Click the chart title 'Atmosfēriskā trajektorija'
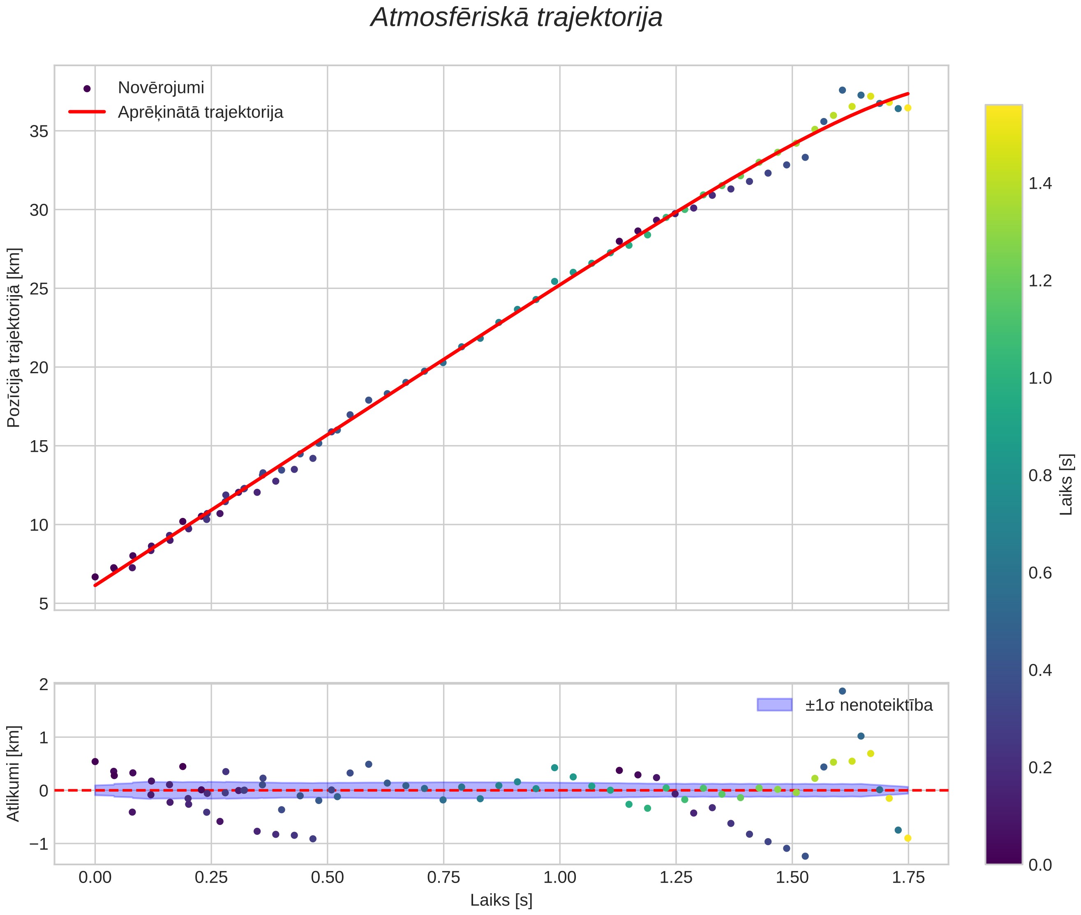(x=517, y=18)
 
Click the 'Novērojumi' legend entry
(x=161, y=88)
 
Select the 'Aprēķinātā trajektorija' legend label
(x=200, y=113)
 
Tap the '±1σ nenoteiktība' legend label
(x=869, y=705)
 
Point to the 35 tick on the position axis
(x=39, y=131)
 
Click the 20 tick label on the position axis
(x=39, y=367)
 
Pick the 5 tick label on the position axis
(x=44, y=604)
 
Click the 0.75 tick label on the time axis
(x=443, y=878)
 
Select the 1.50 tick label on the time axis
(x=792, y=878)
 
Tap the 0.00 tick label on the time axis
(x=95, y=878)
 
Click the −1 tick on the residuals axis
(x=38, y=844)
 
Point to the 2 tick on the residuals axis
(x=44, y=684)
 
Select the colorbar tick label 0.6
(x=1040, y=573)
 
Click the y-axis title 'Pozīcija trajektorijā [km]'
(x=14, y=338)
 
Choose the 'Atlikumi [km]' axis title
(x=14, y=774)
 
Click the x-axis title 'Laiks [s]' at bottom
(x=501, y=901)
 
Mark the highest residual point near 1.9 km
(x=842, y=691)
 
